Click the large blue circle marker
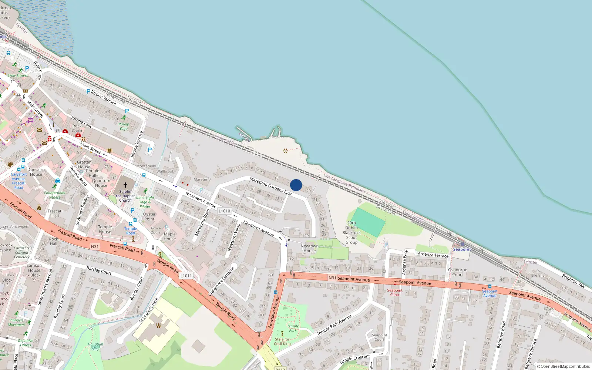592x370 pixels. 296,185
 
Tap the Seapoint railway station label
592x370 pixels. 462,249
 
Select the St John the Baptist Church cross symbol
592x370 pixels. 125,185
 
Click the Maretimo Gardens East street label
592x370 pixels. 270,186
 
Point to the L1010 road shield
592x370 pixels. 224,211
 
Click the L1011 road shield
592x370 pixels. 186,276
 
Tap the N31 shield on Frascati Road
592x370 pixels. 95,246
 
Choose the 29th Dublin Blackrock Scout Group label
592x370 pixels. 351,233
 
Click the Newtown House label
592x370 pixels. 309,248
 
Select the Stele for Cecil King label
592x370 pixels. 282,342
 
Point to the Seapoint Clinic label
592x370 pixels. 395,292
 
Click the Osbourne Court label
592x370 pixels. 458,272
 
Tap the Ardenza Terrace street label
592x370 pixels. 433,255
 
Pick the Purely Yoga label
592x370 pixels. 124,127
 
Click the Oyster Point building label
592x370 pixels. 149,216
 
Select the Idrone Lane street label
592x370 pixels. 82,122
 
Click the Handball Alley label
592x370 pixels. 95,346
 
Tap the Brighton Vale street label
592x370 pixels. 573,281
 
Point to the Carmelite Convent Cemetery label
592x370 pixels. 22,252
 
